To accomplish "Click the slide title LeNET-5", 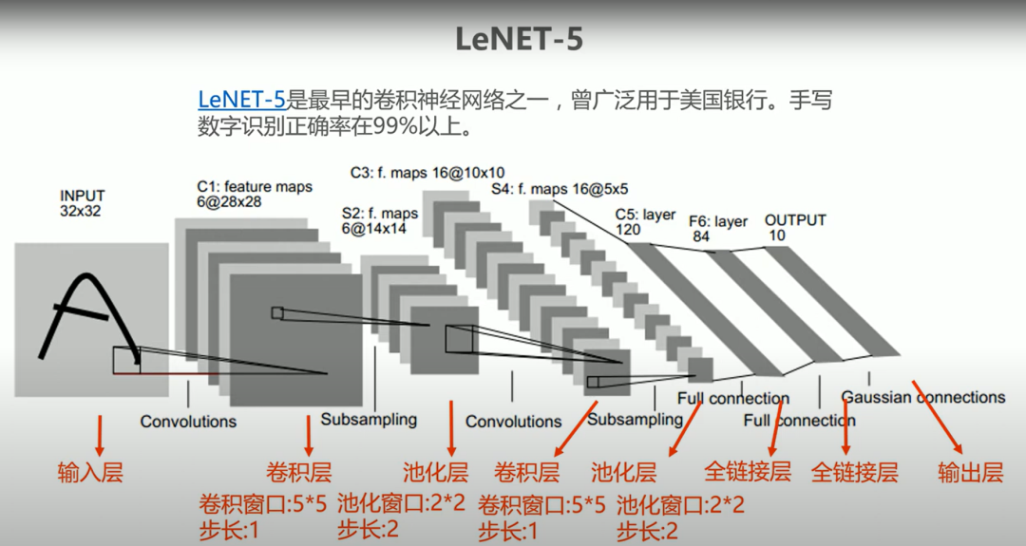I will (x=518, y=39).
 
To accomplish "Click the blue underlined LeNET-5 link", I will (x=241, y=99).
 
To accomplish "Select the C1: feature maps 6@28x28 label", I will (x=255, y=195).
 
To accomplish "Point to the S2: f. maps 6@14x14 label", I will (x=380, y=221).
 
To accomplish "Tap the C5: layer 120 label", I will (x=645, y=222).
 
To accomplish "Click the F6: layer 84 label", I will (x=718, y=229).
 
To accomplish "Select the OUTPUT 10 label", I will (x=795, y=227).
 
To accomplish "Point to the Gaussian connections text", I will (x=922, y=397).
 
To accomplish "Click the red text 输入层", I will (x=90, y=472).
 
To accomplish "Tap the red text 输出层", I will (x=970, y=473).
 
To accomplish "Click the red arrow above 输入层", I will (x=99, y=434).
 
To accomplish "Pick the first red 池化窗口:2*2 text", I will (x=401, y=503).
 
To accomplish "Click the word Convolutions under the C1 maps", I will (x=188, y=421).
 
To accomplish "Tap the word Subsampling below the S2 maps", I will (x=369, y=419).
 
